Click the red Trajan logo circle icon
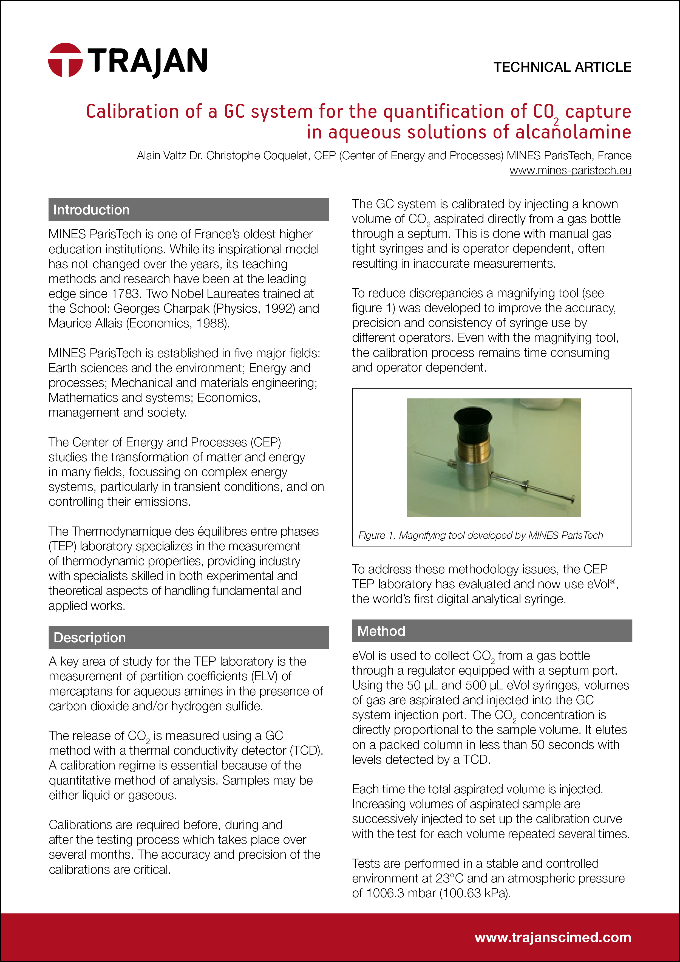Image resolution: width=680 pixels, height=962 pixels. pyautogui.click(x=65, y=60)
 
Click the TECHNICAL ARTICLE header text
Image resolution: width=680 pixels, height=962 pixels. pyautogui.click(x=562, y=67)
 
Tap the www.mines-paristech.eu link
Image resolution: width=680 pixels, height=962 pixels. pyautogui.click(x=570, y=171)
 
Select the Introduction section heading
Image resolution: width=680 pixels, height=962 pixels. pyautogui.click(x=91, y=210)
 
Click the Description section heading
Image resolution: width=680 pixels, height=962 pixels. pyautogui.click(x=90, y=637)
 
